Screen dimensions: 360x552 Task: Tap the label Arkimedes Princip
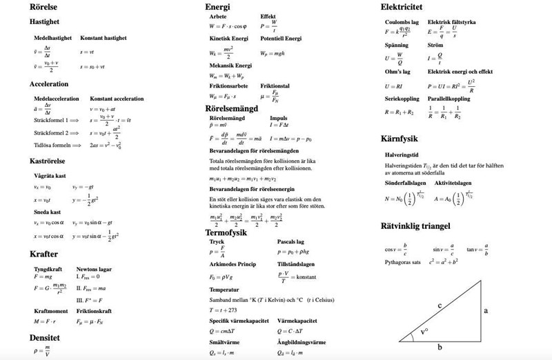pyautogui.click(x=233, y=265)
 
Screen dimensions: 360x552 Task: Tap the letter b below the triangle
pyautogui.click(x=440, y=348)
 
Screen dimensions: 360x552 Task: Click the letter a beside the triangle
pyautogui.click(x=486, y=311)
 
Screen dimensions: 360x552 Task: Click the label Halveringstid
pyautogui.click(x=402, y=155)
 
